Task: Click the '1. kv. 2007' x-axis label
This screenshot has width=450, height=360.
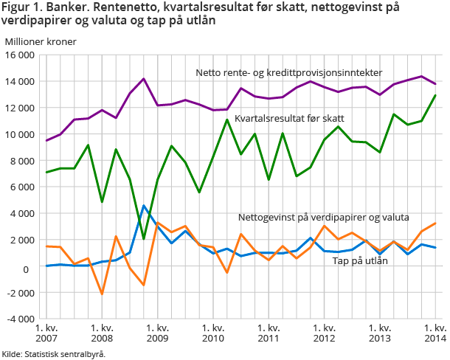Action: point(46,332)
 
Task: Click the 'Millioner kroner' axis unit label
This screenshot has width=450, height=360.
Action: point(41,41)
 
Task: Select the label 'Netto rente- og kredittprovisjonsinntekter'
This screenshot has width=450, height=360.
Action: point(289,72)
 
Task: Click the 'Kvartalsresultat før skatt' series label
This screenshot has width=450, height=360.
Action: point(289,118)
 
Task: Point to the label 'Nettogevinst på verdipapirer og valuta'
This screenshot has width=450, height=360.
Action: point(323,218)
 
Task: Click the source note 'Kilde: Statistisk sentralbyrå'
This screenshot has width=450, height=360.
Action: point(53,353)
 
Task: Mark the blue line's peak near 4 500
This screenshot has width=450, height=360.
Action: point(144,207)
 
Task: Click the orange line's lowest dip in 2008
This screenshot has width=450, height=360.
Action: point(102,294)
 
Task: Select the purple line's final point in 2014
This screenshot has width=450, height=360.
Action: point(435,84)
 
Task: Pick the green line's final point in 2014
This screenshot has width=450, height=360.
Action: point(435,95)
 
